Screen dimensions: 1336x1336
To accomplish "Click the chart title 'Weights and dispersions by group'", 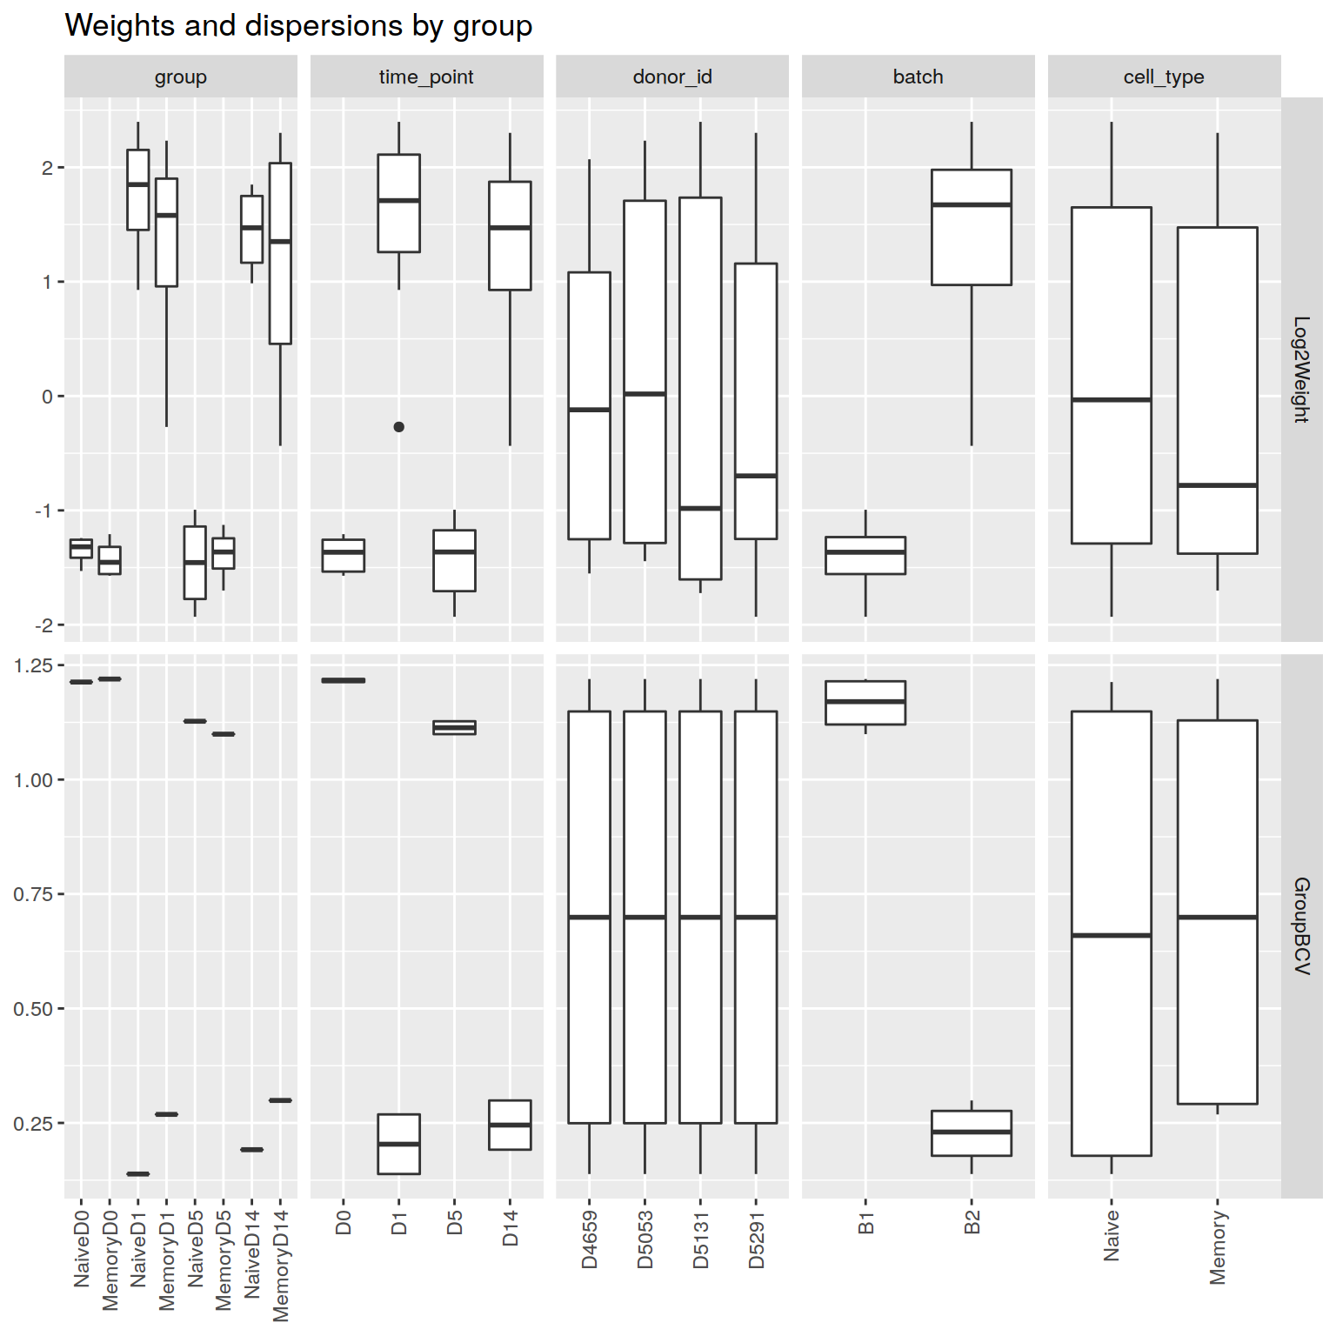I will coord(298,26).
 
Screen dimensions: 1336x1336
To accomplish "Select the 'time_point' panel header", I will coord(426,77).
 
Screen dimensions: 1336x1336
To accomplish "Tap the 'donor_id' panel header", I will coord(672,77).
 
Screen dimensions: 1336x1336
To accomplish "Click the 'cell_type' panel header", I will coord(1164,77).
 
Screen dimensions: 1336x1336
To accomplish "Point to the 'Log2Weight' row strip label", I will coord(1301,370).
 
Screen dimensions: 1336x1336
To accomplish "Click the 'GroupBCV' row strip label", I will coord(1301,925).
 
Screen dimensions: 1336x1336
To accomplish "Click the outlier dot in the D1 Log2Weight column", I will coord(399,427).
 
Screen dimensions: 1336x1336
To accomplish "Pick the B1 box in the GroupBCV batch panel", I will coord(865,703).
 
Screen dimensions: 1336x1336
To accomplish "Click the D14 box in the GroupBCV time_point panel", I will coord(510,1125).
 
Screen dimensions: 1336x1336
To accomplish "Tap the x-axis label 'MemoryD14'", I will coord(281,1260).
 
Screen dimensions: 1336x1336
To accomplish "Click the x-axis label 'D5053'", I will coord(645,1240).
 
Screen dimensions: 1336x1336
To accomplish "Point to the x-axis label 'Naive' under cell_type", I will coord(1112,1235).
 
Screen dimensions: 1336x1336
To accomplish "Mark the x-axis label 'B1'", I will coord(865,1226).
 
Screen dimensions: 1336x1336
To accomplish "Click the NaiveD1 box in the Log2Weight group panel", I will coord(138,190).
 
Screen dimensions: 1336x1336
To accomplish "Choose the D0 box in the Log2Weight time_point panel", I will coord(344,556).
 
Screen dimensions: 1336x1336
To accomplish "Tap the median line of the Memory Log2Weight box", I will coord(1217,485).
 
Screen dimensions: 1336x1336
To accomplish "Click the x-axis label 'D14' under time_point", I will coord(510,1228).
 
